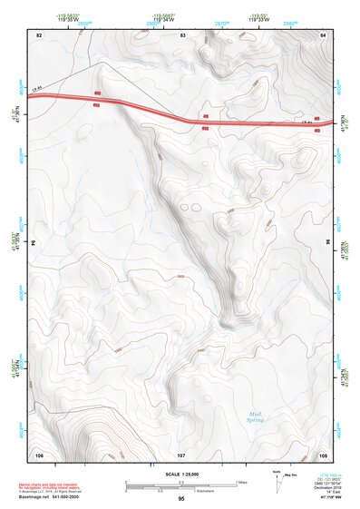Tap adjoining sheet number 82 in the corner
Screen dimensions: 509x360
click(39, 34)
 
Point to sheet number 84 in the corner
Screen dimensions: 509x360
click(324, 34)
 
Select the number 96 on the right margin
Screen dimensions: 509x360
click(327, 243)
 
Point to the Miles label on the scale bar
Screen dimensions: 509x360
click(241, 482)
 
